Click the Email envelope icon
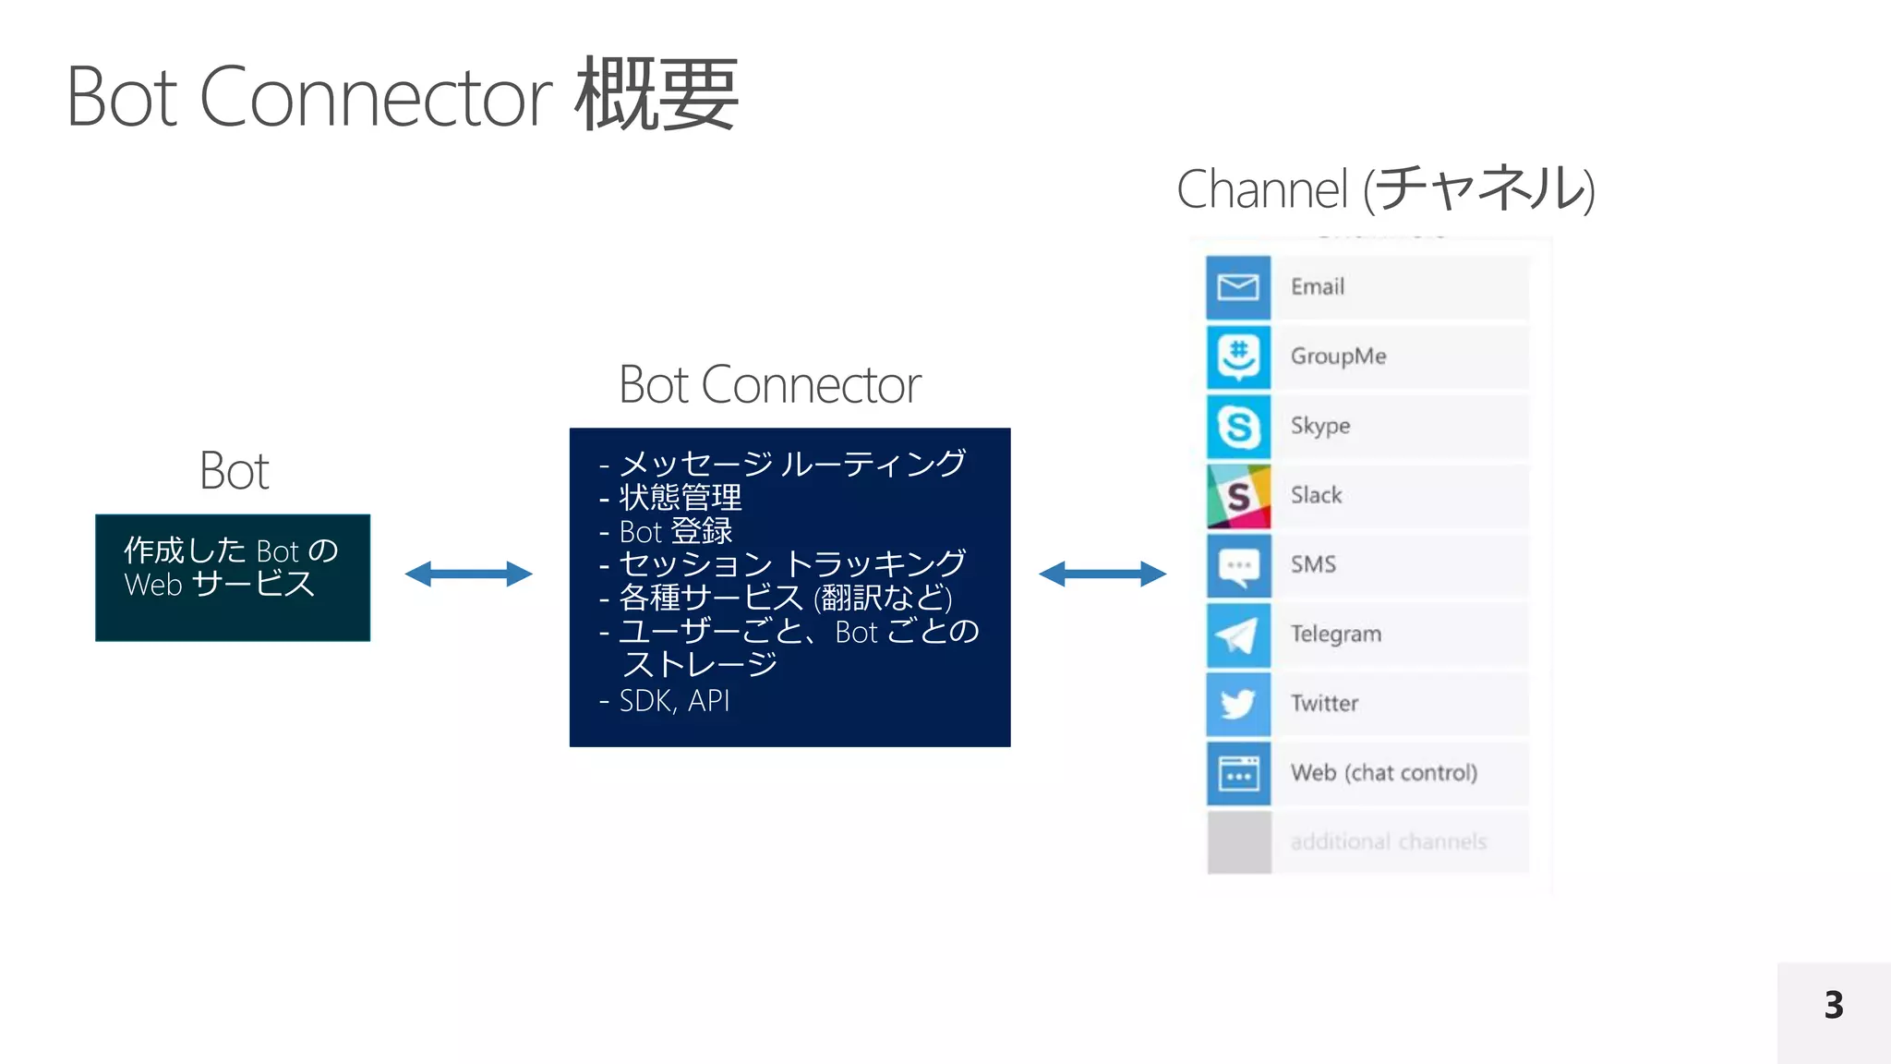1238,287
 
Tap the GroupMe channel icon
1238,357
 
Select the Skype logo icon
1238,426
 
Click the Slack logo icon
1238,496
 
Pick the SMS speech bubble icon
1238,565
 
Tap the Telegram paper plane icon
1238,635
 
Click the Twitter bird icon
1238,704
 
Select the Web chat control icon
1238,773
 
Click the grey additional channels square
1239,842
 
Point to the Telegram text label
1335,635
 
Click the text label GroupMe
1338,357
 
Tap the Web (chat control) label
1383,773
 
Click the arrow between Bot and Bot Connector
469,574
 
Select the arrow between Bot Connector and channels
1102,574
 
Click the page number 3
1834,1005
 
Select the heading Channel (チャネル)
1385,189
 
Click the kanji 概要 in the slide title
656,95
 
